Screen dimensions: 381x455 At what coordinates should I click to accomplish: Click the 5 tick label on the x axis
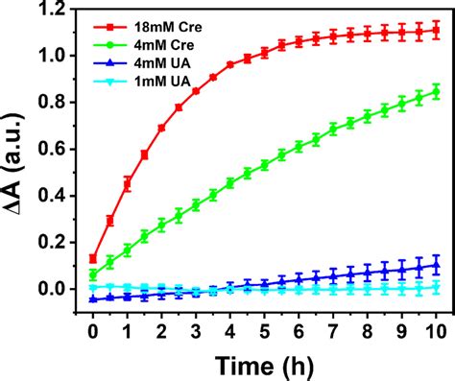click(x=265, y=331)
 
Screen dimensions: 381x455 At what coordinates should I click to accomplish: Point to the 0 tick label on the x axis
click(x=92, y=331)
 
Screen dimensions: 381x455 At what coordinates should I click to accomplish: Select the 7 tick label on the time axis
click(x=334, y=331)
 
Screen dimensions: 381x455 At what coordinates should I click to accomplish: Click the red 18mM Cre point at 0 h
click(x=92, y=258)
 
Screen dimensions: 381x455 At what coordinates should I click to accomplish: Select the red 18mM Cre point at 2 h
click(x=161, y=128)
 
